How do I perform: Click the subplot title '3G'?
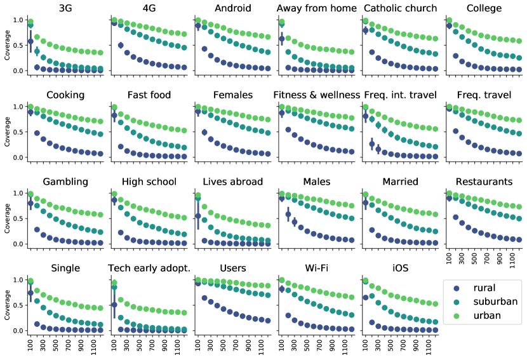tap(65, 8)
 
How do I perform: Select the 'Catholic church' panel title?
tap(400, 8)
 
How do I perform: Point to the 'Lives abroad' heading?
tap(232, 182)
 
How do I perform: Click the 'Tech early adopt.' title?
tap(150, 269)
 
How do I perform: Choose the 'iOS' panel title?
tap(400, 269)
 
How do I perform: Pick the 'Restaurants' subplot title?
tap(483, 182)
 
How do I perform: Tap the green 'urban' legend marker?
tap(454, 316)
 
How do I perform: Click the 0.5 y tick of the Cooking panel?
tap(18, 132)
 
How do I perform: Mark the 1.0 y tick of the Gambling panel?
tap(18, 193)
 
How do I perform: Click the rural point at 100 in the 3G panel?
tap(30, 41)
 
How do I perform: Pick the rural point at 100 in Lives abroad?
tap(198, 216)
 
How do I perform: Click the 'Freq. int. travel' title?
tap(400, 95)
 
